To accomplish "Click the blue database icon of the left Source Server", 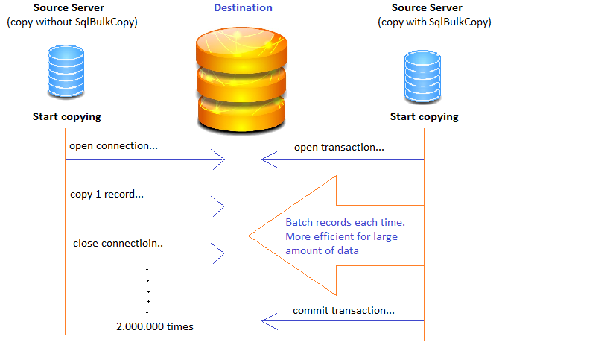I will tap(66, 72).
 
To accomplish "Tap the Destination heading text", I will tap(243, 8).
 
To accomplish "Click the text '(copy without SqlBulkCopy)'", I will tap(72, 22).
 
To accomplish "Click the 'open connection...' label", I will tap(113, 146).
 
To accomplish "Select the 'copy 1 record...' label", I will tap(107, 195).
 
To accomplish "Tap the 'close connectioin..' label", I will tap(117, 244).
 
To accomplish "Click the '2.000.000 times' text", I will tap(155, 326).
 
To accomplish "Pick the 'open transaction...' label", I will tap(339, 148).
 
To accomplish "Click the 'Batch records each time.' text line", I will tap(345, 223).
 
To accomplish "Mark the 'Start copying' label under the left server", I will tap(66, 117).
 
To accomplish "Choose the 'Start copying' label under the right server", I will tap(424, 117).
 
